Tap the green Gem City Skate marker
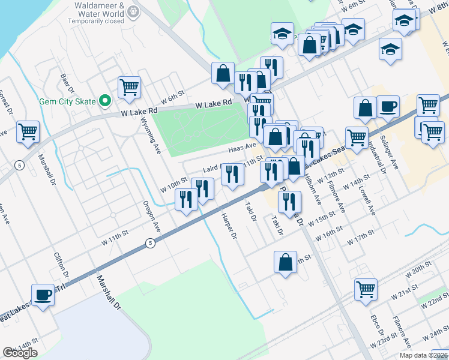point(105,101)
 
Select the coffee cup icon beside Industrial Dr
point(388,107)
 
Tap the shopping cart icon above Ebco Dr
point(365,289)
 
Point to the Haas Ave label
point(241,146)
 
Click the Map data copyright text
point(423,355)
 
